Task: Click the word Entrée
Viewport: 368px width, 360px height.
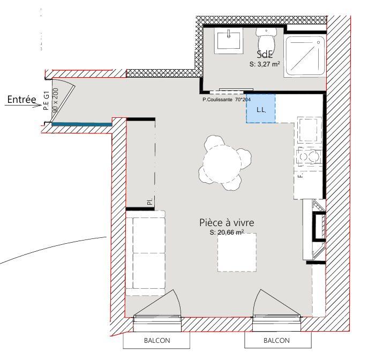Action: point(21,99)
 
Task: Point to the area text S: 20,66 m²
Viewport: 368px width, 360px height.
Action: point(227,232)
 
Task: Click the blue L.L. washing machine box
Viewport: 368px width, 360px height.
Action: point(260,109)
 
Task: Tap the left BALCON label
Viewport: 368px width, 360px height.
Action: point(157,340)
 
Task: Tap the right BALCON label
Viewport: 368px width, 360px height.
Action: point(276,340)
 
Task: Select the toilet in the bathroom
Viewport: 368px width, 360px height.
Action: point(266,39)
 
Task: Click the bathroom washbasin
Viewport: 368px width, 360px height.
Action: point(230,40)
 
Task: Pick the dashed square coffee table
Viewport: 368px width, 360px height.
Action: point(236,252)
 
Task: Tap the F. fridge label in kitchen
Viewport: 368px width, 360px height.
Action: point(301,175)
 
